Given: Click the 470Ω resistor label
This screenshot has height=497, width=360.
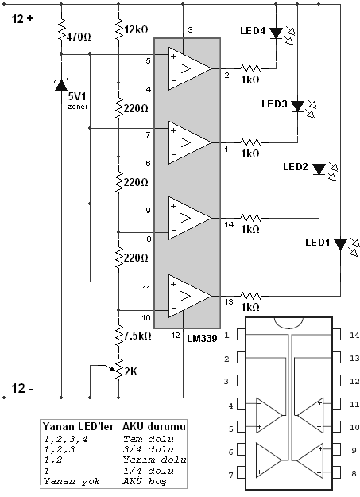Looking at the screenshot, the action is [79, 37].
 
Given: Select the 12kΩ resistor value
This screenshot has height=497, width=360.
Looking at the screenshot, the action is [136, 29].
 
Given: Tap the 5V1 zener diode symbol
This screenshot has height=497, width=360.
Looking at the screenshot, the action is [61, 84].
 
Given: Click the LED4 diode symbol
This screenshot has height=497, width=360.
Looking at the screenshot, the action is [276, 33].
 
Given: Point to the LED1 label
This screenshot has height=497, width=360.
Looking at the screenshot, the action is [318, 243].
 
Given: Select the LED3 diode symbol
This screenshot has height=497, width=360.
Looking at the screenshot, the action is [297, 107].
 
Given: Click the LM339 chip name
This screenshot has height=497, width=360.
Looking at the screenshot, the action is [202, 339].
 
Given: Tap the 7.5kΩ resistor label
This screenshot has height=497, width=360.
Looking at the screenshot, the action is [137, 336].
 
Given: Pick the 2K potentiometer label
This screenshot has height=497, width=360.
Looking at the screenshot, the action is [131, 371].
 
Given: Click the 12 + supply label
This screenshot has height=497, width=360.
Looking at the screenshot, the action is [22, 19].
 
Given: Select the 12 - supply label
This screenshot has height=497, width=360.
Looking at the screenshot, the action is [22, 388].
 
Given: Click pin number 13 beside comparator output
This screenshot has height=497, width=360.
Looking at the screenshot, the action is [229, 301].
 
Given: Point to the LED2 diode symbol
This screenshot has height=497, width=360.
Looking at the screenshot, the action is [319, 169].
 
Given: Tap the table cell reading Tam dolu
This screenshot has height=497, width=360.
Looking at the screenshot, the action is [149, 439].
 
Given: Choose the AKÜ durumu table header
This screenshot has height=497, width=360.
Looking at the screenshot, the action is [154, 427].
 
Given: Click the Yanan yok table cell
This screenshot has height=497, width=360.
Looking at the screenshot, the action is [72, 481].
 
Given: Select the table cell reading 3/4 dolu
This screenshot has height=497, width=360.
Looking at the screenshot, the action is [149, 449].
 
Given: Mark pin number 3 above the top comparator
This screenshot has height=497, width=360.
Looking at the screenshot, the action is [190, 30].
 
